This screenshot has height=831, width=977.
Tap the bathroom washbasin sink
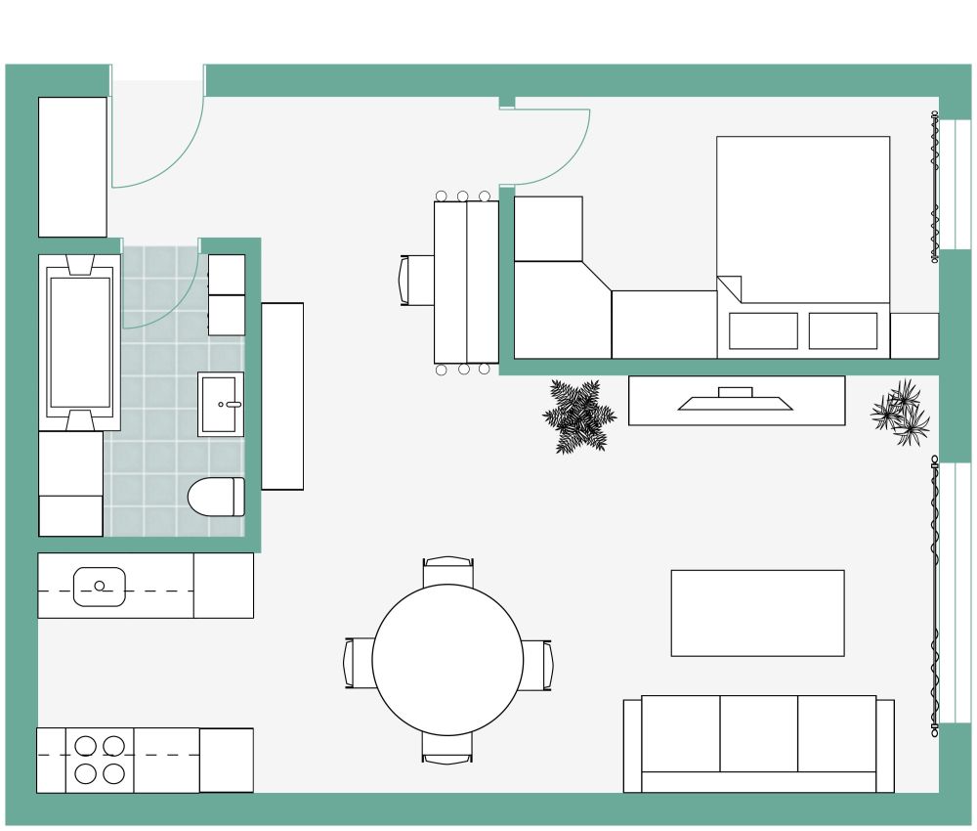tap(222, 403)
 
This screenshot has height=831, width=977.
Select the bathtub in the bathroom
tap(79, 342)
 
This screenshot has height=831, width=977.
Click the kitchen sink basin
tap(100, 587)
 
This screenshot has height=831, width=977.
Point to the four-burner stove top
tap(100, 761)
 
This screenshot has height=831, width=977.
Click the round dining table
tap(448, 659)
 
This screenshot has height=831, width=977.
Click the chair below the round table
tap(448, 749)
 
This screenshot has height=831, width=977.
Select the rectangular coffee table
tap(757, 613)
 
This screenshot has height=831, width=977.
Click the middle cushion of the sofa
tap(759, 733)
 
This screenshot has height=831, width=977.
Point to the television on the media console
tap(735, 400)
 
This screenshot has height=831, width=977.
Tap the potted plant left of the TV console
tap(578, 415)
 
